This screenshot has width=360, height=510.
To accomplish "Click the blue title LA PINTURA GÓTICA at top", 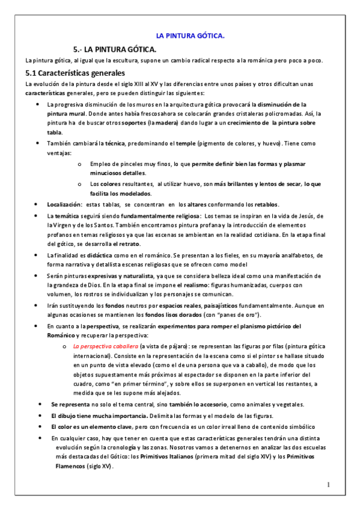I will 190,36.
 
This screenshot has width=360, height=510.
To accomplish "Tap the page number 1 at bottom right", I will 329,485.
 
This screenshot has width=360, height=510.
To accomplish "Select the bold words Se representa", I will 71,404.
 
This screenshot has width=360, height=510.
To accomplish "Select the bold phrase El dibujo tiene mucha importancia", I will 101,416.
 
